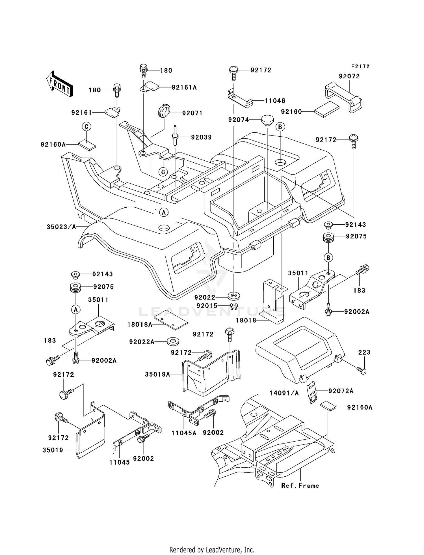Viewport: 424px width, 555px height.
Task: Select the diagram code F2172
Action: click(x=360, y=66)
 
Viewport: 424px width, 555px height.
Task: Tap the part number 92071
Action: click(x=192, y=113)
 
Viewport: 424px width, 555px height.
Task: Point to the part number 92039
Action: click(x=201, y=137)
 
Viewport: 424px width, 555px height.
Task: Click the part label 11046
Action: click(x=275, y=101)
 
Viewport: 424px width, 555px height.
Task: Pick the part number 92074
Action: click(x=239, y=120)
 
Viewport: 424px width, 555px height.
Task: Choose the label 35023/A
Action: click(x=61, y=227)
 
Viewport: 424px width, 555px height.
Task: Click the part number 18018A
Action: click(x=140, y=324)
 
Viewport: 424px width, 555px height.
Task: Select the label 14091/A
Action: click(x=284, y=393)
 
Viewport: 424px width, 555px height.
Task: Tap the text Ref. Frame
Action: click(x=300, y=485)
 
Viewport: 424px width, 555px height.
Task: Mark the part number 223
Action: click(x=364, y=352)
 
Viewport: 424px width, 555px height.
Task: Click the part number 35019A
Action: click(x=157, y=374)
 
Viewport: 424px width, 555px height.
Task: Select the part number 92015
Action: click(x=207, y=306)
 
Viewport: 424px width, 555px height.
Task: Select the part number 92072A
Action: click(x=341, y=391)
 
